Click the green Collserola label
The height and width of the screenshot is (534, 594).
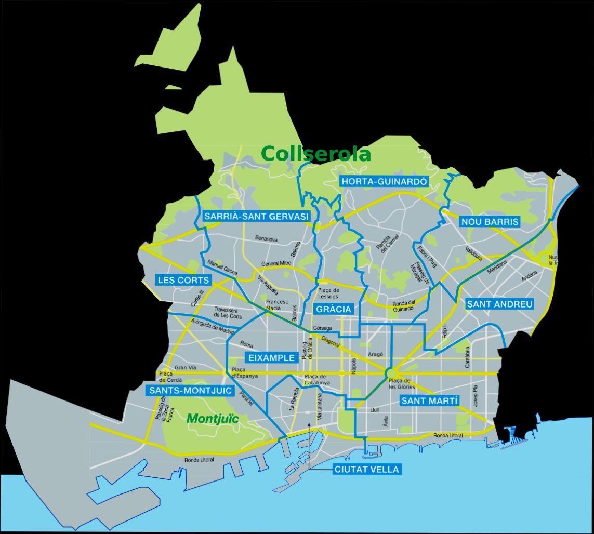click(316, 154)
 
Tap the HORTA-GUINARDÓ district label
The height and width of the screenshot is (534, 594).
click(384, 181)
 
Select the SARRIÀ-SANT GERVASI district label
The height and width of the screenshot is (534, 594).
click(257, 216)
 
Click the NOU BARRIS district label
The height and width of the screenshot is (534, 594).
click(490, 222)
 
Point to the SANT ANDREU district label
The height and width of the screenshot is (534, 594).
click(499, 304)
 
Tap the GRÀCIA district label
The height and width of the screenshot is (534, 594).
click(334, 310)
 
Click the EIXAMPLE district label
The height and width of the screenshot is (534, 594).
click(271, 357)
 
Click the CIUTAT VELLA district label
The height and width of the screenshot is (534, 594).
click(367, 470)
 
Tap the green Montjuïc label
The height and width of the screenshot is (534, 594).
click(213, 418)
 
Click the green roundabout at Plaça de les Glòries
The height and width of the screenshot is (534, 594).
click(391, 373)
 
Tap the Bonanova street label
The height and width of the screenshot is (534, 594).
click(266, 239)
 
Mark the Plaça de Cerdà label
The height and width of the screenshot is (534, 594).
click(166, 377)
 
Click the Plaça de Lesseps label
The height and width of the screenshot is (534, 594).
click(328, 293)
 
